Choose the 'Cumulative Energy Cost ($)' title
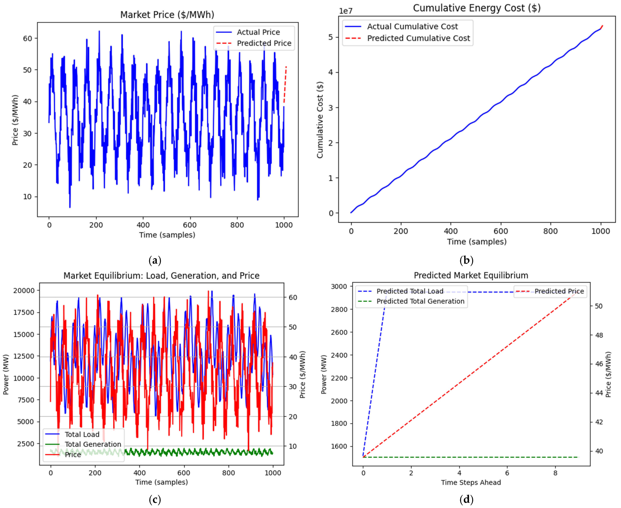[477, 8]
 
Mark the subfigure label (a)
[155, 260]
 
